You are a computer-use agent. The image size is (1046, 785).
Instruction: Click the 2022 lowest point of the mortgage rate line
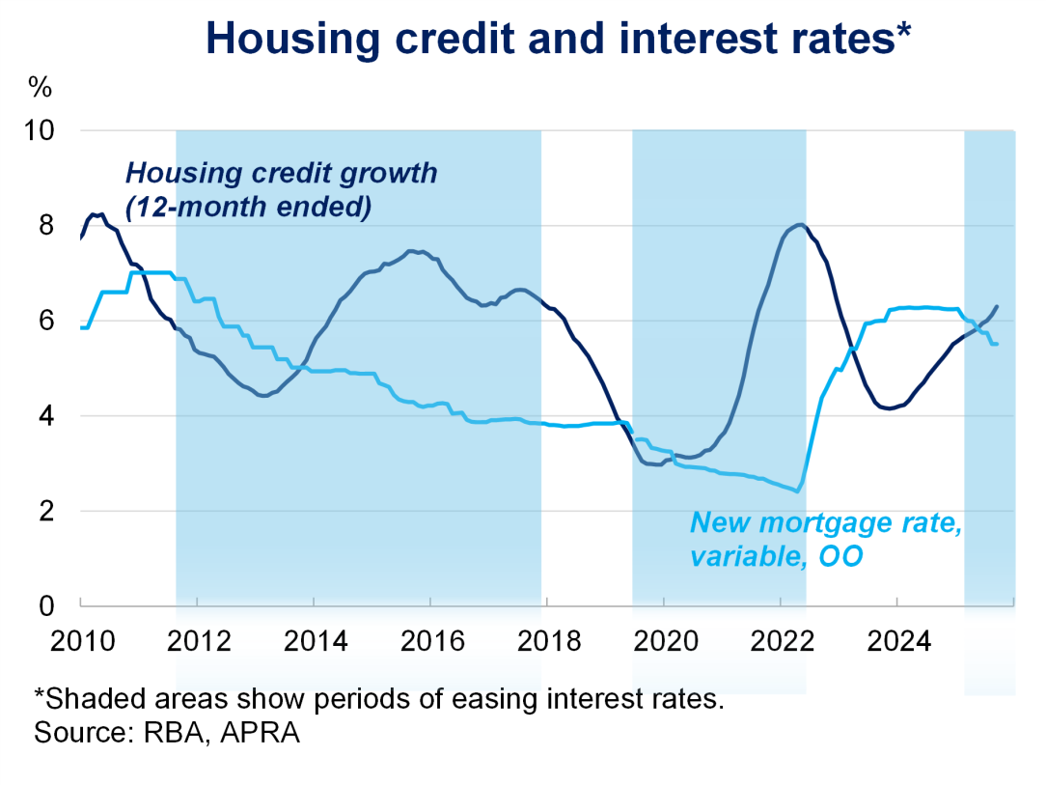(x=796, y=491)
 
